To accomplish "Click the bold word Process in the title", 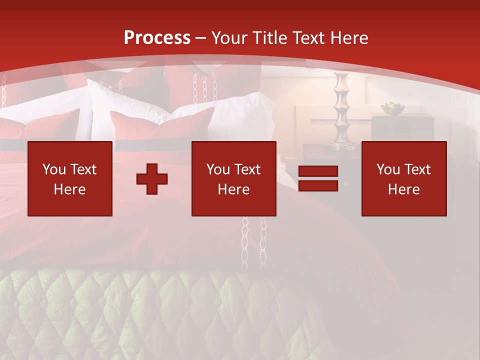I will tap(157, 38).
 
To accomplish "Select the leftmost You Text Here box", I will tap(69, 178).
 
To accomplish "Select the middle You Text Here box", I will tap(233, 178).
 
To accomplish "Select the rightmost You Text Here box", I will tap(403, 178).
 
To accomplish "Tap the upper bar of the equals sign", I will tap(318, 171).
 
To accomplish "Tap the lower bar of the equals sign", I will tap(318, 185).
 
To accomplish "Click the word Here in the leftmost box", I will tap(69, 189).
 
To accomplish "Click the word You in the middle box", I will tap(218, 169).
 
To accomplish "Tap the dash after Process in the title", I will tap(200, 38).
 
